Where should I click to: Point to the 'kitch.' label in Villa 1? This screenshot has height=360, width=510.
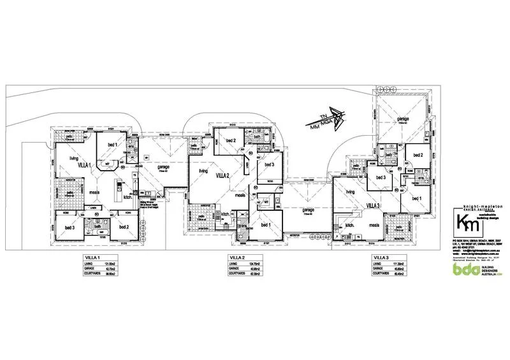pyautogui.click(x=127, y=198)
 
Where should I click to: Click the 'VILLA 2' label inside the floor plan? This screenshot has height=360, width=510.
pyautogui.click(x=223, y=175)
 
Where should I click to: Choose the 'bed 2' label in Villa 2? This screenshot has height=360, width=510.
pyautogui.click(x=230, y=140)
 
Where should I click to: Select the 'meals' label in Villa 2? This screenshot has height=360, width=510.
pyautogui.click(x=240, y=196)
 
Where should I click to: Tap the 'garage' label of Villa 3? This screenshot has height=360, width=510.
pyautogui.click(x=403, y=119)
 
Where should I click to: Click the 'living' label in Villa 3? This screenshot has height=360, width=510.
pyautogui.click(x=349, y=191)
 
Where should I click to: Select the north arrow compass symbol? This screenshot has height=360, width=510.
pyautogui.click(x=335, y=119)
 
